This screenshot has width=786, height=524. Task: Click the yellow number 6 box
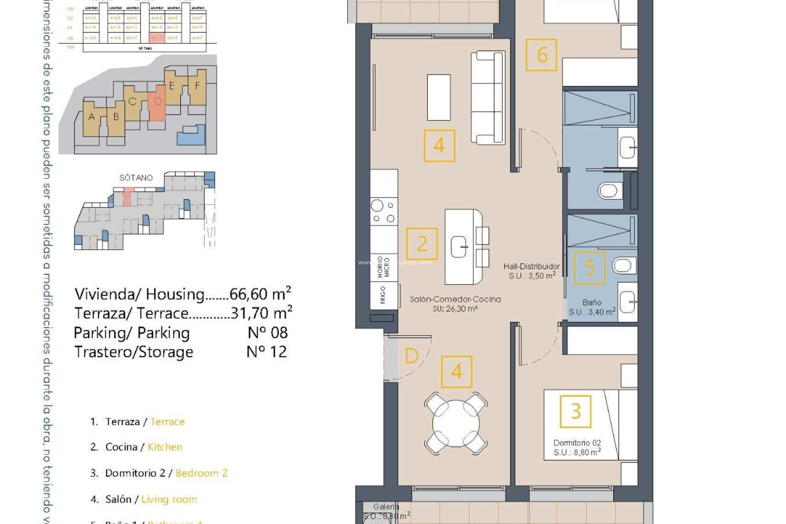541,55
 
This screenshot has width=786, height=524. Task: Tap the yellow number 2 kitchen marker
422,244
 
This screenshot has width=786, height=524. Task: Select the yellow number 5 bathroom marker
589,267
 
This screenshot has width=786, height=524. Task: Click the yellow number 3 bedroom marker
576,411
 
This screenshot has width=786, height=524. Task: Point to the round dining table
456,423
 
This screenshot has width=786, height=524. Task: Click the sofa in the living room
488,97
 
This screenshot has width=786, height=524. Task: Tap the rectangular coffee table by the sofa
438,97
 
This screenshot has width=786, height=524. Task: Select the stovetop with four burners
384,212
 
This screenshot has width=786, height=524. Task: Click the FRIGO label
383,295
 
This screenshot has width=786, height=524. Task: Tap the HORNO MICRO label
383,267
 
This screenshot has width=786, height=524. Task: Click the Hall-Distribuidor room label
531,267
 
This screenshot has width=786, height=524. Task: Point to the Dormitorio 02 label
577,443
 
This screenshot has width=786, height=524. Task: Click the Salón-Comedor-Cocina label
455,299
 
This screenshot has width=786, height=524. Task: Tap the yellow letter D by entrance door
411,356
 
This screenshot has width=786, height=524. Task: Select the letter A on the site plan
92,117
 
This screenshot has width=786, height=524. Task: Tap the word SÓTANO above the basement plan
136,178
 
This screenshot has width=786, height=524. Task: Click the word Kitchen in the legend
165,447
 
